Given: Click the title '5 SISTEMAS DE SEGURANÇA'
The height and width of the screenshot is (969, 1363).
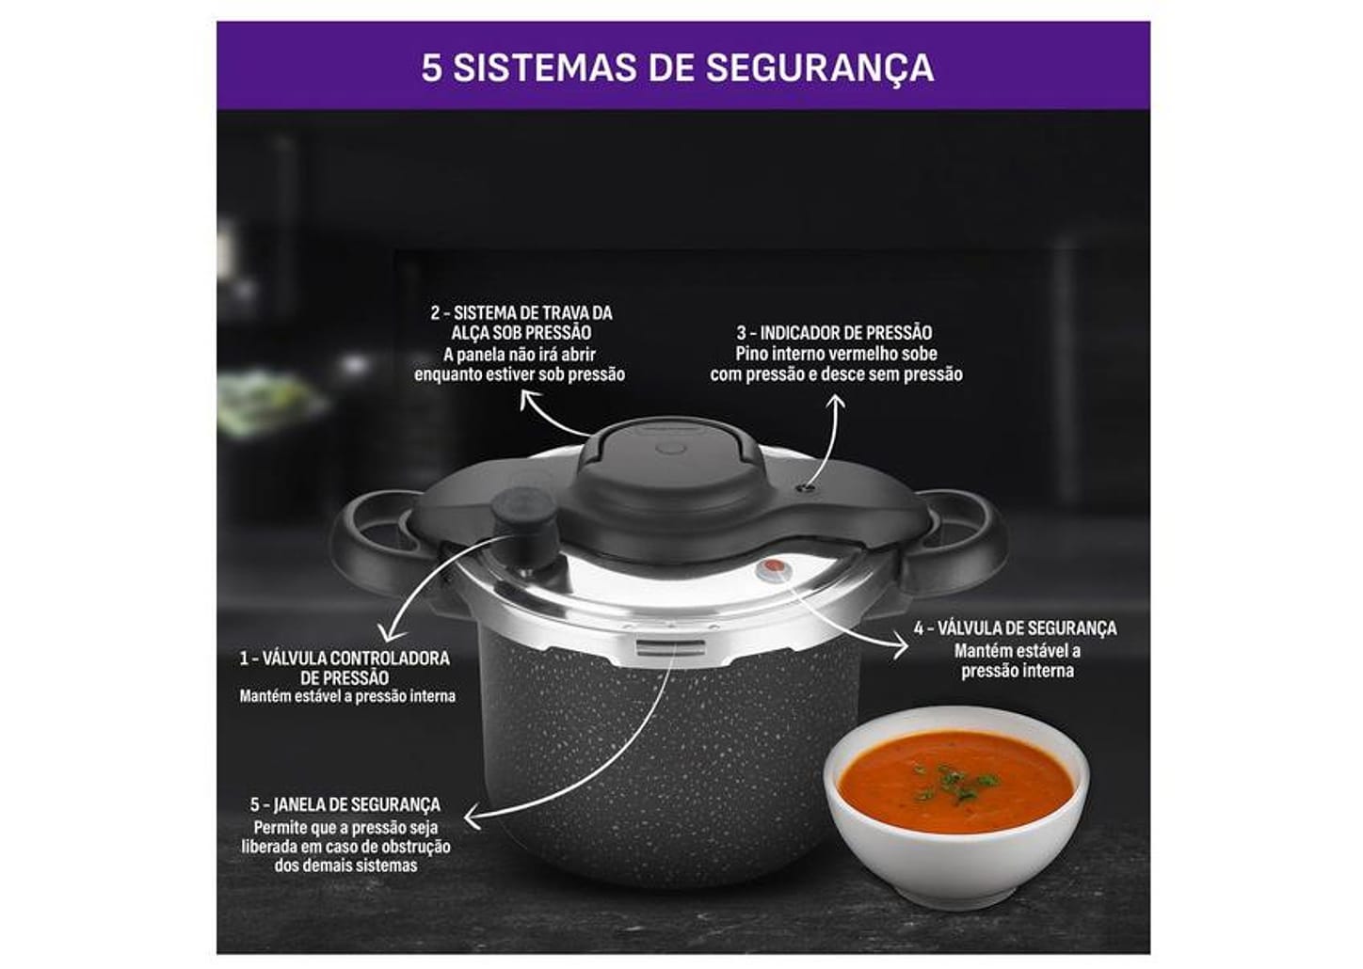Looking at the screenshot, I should (x=677, y=68).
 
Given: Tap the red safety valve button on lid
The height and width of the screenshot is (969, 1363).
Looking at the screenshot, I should (x=773, y=567).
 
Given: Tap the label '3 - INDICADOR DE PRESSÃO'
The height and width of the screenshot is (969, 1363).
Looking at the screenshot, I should (x=834, y=333).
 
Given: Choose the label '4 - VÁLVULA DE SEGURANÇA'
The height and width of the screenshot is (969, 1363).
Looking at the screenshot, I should (x=1015, y=628).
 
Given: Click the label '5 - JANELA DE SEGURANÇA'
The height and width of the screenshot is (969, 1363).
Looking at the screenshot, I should (x=345, y=805).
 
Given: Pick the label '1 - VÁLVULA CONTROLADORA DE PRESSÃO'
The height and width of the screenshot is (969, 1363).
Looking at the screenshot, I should (x=345, y=667).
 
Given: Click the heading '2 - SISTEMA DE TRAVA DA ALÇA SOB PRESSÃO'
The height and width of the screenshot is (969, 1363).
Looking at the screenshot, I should (x=521, y=323).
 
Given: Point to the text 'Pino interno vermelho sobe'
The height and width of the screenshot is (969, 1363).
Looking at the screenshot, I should (x=836, y=355).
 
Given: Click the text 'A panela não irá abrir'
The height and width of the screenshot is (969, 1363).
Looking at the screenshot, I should (x=519, y=355).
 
